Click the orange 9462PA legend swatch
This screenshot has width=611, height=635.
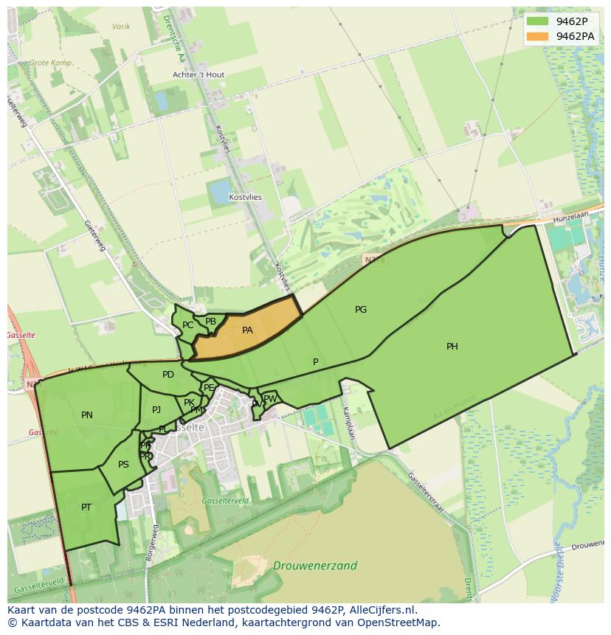[x=537, y=36]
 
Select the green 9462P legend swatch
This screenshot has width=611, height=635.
[x=537, y=21]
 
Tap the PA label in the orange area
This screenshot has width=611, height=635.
[x=247, y=330]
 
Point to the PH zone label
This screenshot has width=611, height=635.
[x=452, y=346]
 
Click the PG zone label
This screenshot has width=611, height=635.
[x=360, y=310]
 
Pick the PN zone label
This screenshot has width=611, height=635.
[x=87, y=415]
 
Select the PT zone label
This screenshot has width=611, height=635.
[x=86, y=507]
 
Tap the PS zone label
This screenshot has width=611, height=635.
[x=123, y=465]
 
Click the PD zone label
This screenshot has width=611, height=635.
[x=168, y=375]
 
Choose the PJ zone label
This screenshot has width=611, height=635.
[x=156, y=410]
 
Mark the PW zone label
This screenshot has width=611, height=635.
[x=270, y=399]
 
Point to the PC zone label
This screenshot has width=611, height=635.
[x=187, y=325]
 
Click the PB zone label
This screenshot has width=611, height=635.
[x=210, y=322]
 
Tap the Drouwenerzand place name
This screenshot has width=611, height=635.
[x=314, y=566]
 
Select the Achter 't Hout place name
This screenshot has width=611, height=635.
[x=199, y=74]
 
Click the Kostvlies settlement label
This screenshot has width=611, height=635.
[x=245, y=198]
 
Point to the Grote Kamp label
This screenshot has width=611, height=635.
[x=50, y=63]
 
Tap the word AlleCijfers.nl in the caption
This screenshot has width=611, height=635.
[x=381, y=610]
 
